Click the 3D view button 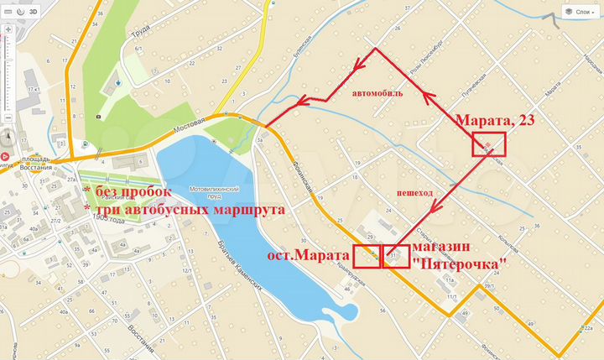33,13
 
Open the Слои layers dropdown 580,12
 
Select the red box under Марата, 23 491,144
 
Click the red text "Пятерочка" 461,263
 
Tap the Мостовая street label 190,126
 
